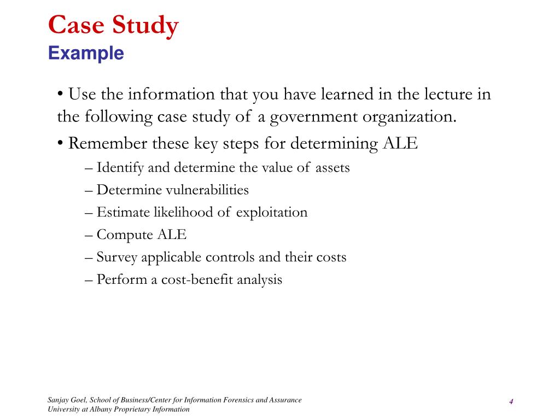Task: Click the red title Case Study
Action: pos(113,26)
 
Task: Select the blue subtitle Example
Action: pos(86,54)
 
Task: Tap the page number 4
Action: pos(511,402)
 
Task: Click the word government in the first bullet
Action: pos(304,117)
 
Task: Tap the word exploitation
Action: pos(272,213)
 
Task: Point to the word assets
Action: pos(332,168)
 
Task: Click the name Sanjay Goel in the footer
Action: pos(65,400)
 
